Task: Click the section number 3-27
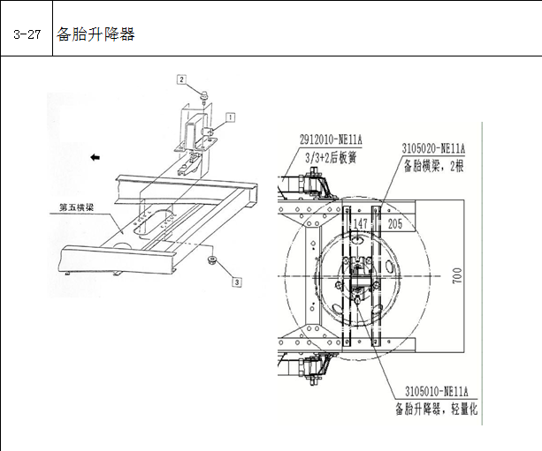(x=27, y=34)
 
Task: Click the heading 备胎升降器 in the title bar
(x=95, y=34)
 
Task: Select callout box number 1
(x=231, y=117)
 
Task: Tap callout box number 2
(x=182, y=79)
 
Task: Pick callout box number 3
(x=237, y=282)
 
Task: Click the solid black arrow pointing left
(x=95, y=157)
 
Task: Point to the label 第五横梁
(x=76, y=207)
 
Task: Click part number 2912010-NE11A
(x=331, y=139)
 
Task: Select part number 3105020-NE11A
(x=433, y=149)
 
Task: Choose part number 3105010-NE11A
(x=437, y=392)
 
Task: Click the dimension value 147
(x=360, y=223)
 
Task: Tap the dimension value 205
(x=394, y=224)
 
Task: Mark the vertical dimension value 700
(x=457, y=275)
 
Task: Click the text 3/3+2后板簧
(x=331, y=158)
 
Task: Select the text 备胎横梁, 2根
(x=433, y=167)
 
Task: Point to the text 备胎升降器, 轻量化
(x=437, y=410)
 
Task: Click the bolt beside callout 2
(x=204, y=95)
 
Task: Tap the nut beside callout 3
(x=211, y=260)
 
